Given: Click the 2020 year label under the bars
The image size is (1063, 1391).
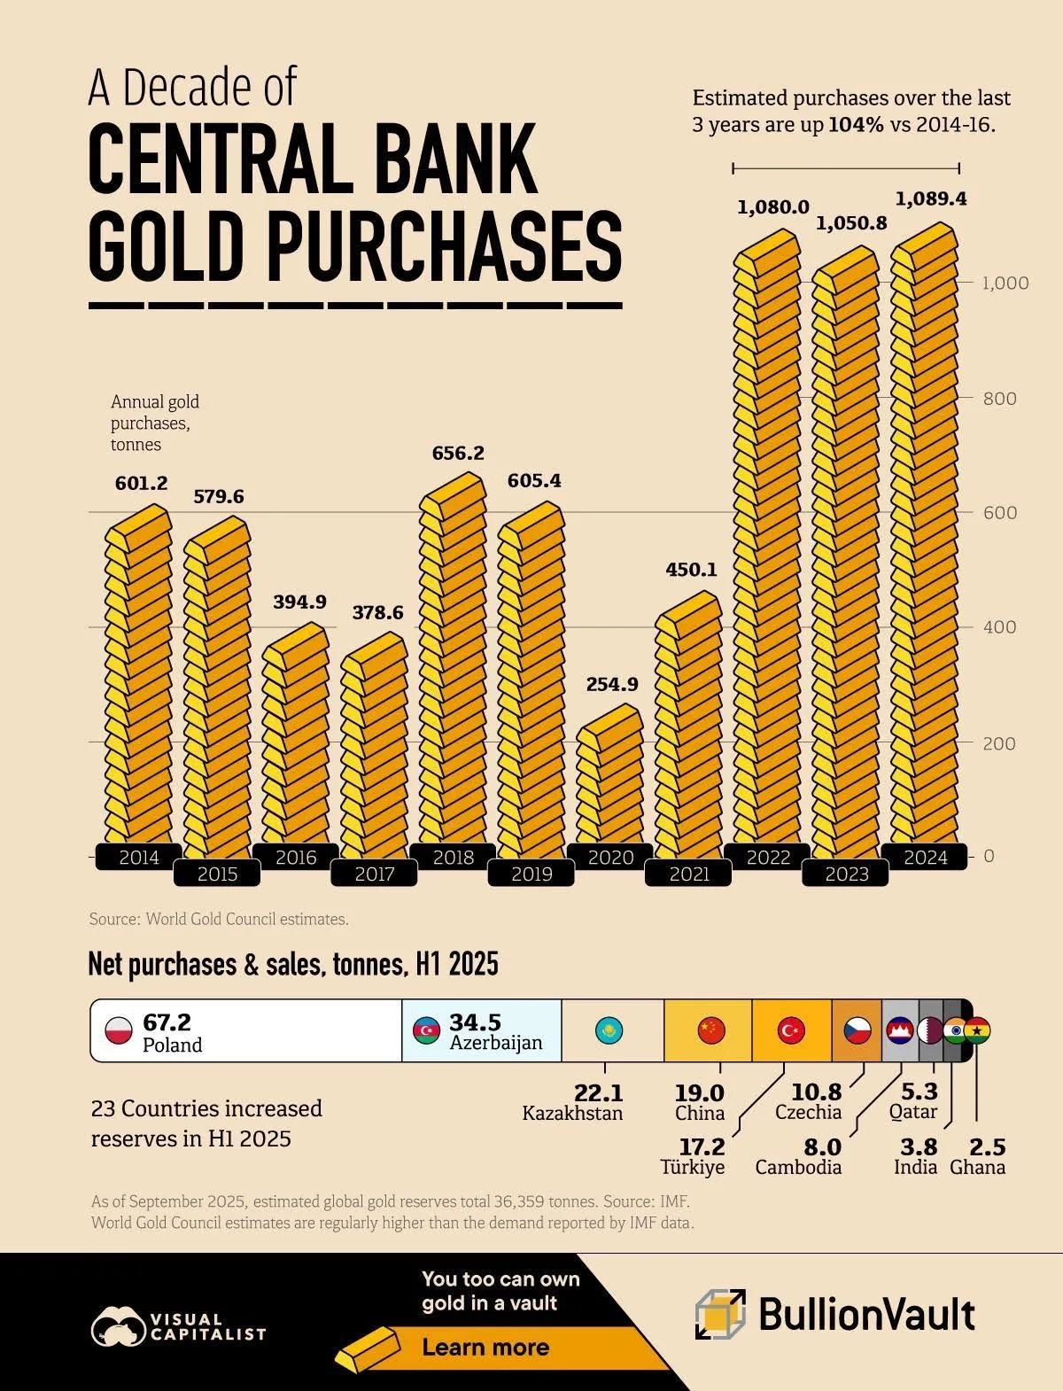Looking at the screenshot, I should pos(610,857).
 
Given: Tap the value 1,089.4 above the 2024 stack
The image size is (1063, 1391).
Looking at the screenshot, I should pos(930,199).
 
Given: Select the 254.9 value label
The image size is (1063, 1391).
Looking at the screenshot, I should pos(611,684).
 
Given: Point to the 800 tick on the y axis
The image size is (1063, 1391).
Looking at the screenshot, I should pos(1000,398).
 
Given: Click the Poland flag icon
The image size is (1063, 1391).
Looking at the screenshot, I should pos(119,1030).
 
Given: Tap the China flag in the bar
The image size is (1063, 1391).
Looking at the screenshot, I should pos(711,1030).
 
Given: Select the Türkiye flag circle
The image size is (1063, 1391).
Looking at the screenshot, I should pos(790,1030).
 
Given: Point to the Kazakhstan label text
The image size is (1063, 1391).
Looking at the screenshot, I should pos(572,1114).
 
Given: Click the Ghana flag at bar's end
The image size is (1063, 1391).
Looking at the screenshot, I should pos(977,1030).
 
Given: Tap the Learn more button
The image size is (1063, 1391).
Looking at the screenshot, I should pos(485,1348).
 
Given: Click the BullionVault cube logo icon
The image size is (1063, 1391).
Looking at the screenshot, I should pos(720,1314).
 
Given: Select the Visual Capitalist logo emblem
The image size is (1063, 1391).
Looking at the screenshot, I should pos(118,1326).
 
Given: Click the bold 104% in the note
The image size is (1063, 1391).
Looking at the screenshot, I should pos(856,125).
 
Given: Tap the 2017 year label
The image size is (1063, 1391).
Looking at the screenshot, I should pos(374,874).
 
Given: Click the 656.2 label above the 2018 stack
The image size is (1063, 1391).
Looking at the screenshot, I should pos(458,453).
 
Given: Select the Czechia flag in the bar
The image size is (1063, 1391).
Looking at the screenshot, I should pos(857,1030).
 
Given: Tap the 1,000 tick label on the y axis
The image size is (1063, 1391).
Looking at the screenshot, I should pos(1005,283).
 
